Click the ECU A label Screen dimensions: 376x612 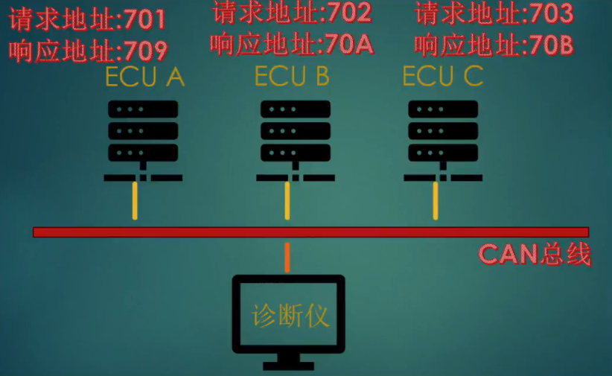tap(144, 77)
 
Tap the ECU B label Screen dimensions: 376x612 tap(291, 76)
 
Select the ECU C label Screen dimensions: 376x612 tap(442, 76)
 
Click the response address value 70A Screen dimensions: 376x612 tap(350, 45)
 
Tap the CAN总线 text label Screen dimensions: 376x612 tap(535, 255)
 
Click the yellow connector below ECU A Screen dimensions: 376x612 tap(136, 200)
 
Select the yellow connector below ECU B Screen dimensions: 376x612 tap(287, 200)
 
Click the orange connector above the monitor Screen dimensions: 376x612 tap(287, 258)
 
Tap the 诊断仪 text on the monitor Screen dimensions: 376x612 tap(290, 316)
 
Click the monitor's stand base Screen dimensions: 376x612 tap(289, 365)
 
